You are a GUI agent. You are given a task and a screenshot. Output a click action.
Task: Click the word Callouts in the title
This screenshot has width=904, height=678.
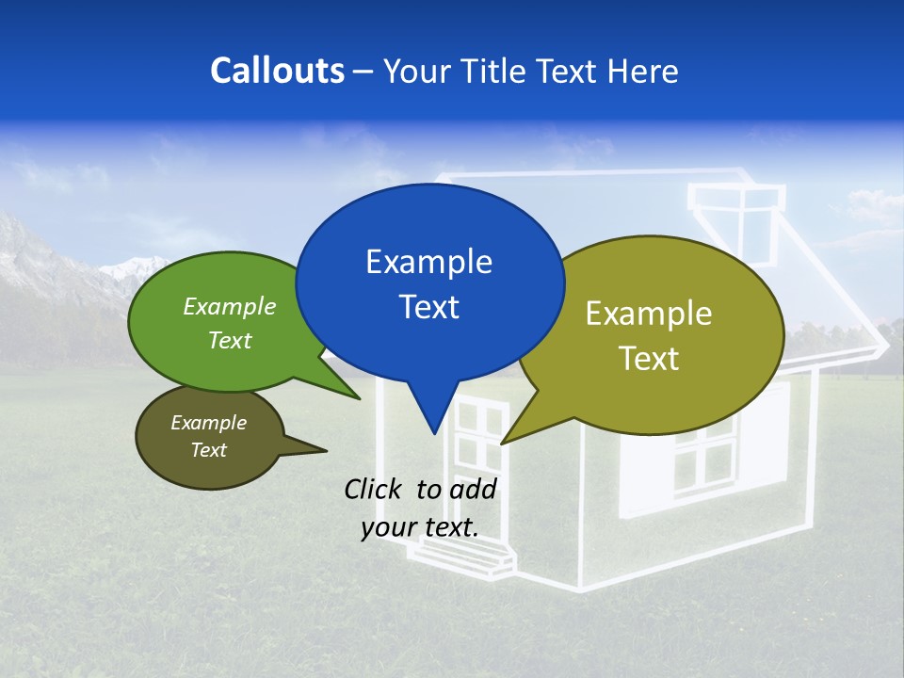(x=277, y=71)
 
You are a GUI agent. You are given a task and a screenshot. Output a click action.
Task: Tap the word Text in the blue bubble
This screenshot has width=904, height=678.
(x=428, y=306)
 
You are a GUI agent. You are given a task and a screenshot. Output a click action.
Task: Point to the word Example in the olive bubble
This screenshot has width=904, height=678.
(x=649, y=313)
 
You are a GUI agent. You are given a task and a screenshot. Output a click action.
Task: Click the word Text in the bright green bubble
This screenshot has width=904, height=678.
(x=230, y=340)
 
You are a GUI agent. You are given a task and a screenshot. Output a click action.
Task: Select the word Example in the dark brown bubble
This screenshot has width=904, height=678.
(x=208, y=423)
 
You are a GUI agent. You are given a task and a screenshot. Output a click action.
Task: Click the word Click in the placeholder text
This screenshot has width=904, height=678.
(x=376, y=488)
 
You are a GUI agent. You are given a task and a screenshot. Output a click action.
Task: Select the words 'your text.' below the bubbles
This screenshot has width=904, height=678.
(x=419, y=527)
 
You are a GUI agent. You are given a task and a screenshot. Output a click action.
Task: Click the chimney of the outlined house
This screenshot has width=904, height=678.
(x=735, y=202)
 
